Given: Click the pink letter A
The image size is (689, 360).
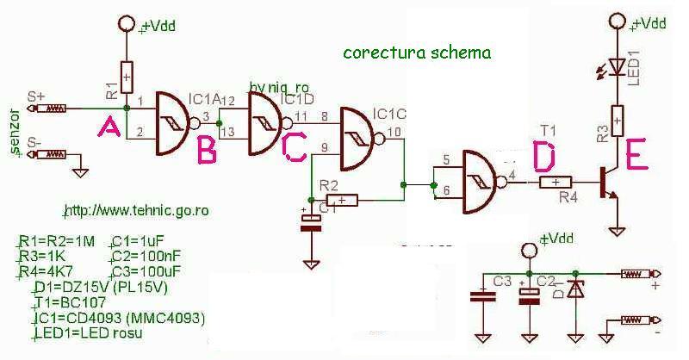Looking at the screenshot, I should click(109, 129).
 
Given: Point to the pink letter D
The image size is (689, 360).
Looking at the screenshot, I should click(545, 156).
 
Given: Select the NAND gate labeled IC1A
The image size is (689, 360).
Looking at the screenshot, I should click(176, 123).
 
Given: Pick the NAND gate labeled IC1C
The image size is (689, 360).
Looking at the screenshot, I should click(363, 139).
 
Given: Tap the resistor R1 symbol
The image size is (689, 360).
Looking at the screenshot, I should click(127, 78).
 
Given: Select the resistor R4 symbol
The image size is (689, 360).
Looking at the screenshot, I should click(556, 182).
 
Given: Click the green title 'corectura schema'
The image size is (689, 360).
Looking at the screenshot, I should click(417, 53).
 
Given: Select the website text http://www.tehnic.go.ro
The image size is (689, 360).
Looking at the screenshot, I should click(139, 210).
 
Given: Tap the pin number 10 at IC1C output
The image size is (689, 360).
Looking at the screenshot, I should click(394, 132).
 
